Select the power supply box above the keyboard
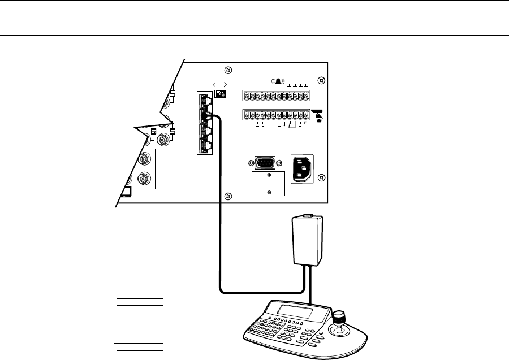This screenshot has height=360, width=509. click(x=307, y=241)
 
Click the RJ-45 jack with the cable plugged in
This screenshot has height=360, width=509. click(x=206, y=116)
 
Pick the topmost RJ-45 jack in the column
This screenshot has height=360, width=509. click(x=206, y=99)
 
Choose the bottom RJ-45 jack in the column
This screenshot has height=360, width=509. click(x=206, y=147)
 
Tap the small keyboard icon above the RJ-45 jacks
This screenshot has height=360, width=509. click(x=220, y=94)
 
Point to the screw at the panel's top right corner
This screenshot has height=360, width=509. click(x=321, y=81)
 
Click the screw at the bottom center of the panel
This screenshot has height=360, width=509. click(x=227, y=196)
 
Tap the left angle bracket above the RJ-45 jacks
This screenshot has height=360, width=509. click(x=215, y=84)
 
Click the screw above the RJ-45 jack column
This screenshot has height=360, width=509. click(x=227, y=71)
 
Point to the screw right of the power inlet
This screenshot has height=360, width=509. click(x=321, y=176)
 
